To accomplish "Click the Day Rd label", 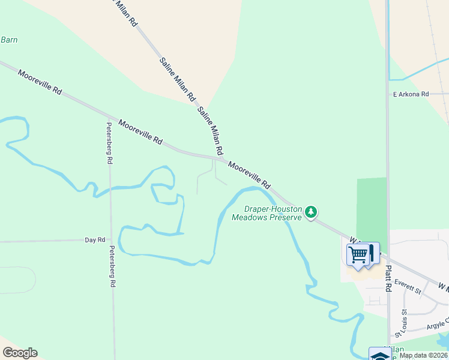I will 95,240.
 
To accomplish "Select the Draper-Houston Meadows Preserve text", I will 267,213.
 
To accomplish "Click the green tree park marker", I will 311,212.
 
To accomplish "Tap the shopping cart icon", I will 358,254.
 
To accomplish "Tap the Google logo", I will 20,353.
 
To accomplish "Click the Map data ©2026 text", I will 423,355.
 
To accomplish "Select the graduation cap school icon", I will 379,355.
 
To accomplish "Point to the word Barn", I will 9,40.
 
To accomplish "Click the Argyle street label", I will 435,325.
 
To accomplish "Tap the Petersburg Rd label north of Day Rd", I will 109,143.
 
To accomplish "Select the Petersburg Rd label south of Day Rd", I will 112,267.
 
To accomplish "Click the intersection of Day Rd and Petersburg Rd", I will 110,240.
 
